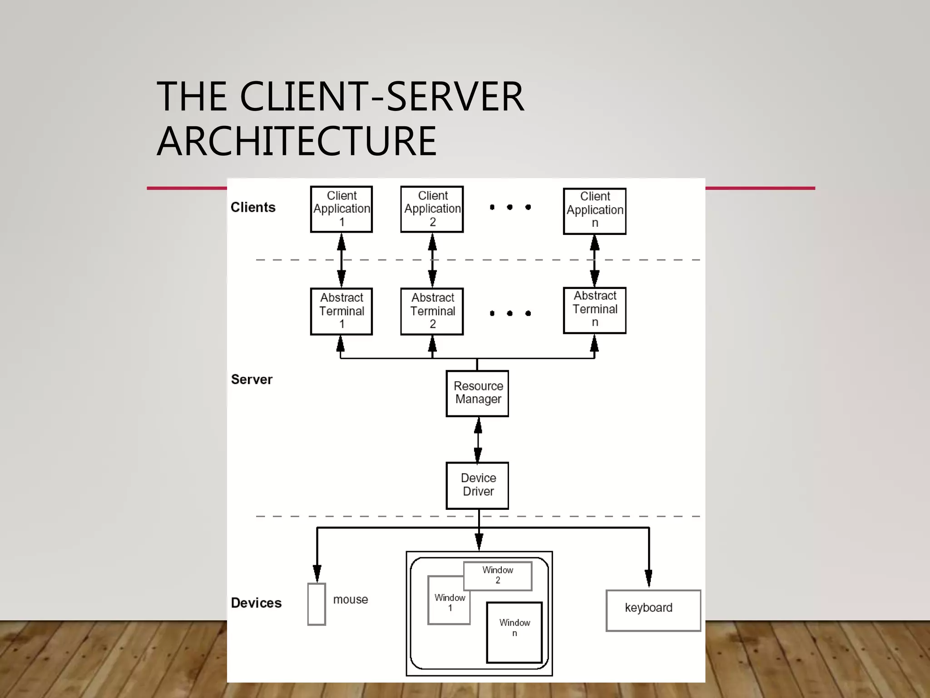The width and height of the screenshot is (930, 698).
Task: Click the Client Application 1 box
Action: [x=341, y=209]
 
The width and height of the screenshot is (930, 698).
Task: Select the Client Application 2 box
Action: [x=432, y=209]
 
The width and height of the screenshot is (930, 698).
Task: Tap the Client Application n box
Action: [x=594, y=211]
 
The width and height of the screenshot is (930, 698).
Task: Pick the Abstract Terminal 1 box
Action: [x=341, y=311]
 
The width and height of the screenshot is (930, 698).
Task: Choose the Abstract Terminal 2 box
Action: [x=432, y=311]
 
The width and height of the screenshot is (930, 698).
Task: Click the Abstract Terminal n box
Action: [x=594, y=310]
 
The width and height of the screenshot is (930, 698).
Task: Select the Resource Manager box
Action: [x=477, y=393]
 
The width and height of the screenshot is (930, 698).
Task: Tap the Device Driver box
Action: [x=477, y=485]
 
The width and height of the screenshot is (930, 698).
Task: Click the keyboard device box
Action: [x=653, y=610]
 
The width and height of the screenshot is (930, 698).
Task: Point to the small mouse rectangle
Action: [x=317, y=604]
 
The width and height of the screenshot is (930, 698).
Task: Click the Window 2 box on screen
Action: [x=498, y=576]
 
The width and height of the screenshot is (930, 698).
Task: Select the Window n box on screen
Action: [x=514, y=632]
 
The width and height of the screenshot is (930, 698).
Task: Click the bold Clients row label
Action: [x=253, y=207]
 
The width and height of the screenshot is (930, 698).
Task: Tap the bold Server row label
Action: [x=252, y=379]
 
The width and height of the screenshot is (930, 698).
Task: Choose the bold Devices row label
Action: [x=256, y=603]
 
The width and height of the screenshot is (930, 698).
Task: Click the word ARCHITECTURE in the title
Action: [x=297, y=141]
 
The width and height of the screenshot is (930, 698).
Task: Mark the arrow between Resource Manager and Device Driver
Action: [x=478, y=439]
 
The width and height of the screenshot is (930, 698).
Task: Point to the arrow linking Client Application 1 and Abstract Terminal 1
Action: [x=341, y=260]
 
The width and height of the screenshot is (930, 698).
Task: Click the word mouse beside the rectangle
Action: [x=350, y=599]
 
